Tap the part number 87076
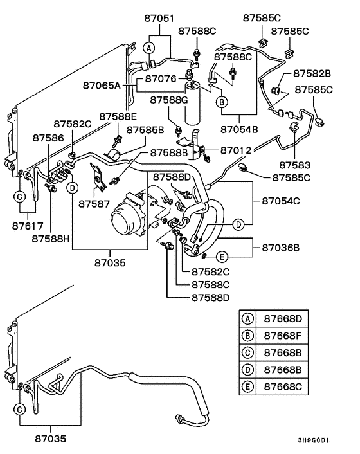[161, 78]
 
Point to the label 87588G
[169, 100]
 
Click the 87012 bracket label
[235, 150]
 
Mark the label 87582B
[312, 74]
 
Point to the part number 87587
[96, 204]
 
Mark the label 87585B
[145, 130]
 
